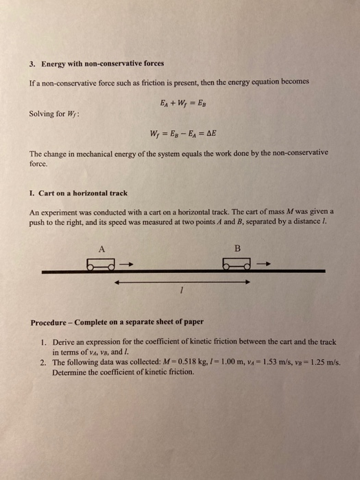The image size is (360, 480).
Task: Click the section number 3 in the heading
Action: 32,64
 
